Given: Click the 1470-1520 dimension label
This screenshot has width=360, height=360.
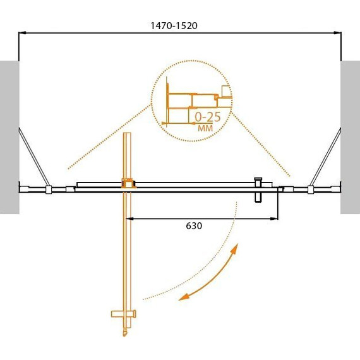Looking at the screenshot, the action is [x=174, y=26].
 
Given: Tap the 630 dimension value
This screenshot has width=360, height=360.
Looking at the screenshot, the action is [x=194, y=226].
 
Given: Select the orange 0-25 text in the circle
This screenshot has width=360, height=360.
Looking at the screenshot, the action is [x=208, y=117].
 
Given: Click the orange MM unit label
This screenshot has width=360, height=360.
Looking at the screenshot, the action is [x=205, y=128].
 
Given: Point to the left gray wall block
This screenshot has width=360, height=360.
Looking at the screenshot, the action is [x=9, y=137].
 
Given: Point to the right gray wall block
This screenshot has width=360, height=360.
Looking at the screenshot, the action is [x=350, y=137].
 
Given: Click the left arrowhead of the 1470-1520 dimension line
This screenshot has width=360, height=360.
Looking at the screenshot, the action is [x=22, y=33].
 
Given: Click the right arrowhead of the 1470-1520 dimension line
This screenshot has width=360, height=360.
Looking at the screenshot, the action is [x=337, y=33].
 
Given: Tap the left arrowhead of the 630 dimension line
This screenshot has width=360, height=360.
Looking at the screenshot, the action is [x=129, y=219].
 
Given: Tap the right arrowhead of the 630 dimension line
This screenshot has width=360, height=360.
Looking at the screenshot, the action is [x=274, y=219].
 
